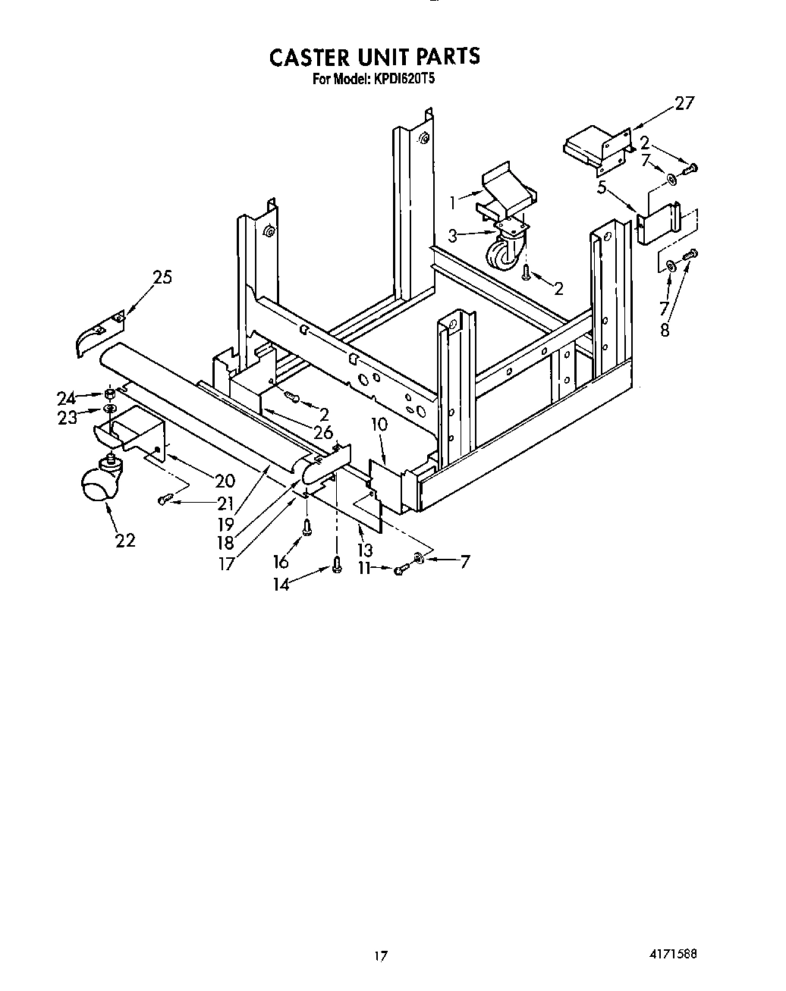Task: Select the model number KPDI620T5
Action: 403,79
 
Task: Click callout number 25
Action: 162,278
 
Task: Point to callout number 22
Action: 125,540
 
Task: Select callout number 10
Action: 379,425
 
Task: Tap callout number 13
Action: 364,549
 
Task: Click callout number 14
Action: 281,585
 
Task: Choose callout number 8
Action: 665,331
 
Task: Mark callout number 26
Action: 323,434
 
